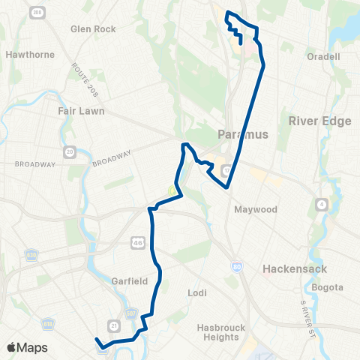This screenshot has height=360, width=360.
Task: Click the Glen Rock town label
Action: pos(93,29)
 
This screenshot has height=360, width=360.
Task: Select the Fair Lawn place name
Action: pos(81,111)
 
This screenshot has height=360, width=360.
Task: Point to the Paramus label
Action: pos(242,135)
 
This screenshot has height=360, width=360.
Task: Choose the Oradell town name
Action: pos(324,55)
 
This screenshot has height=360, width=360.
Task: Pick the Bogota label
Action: pos(328,287)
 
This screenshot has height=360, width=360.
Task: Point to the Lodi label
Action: pos(198,293)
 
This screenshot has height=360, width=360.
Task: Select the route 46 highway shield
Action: pos(137,243)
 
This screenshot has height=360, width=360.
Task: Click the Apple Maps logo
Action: pos(28,347)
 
